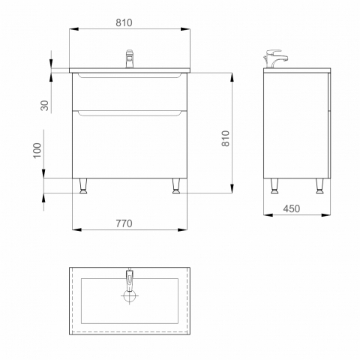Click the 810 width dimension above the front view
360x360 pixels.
pos(124,22)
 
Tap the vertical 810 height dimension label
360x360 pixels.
pos(226,138)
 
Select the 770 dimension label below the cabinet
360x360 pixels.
pos(124,223)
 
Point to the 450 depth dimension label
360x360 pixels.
pos(292,208)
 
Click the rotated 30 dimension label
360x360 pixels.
pos(44,105)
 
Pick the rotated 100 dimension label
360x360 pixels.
pos(37,150)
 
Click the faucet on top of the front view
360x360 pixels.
pos(130,58)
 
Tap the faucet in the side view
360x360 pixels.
pos(275,58)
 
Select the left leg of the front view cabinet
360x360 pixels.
pos(83,186)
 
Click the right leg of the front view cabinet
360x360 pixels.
pos(176,186)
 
